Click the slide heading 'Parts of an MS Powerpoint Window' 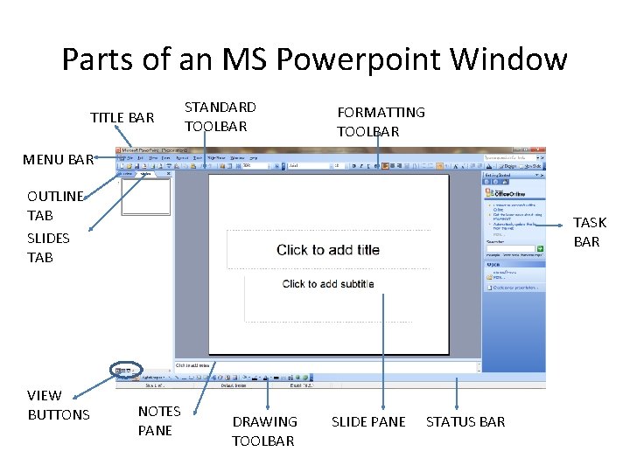coord(314,59)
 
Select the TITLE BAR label coord(122,117)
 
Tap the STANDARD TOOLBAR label coord(220,116)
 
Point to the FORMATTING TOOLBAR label coord(381,121)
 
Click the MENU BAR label coord(58,159)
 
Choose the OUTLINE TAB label coord(55,205)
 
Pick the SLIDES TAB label coord(48,247)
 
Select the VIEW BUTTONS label coord(59,405)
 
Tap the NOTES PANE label coord(159,420)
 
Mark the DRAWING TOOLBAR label coord(264,431)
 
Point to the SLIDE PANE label coord(368,421)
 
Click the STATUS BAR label coord(465,421)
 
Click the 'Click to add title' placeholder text coord(328,250)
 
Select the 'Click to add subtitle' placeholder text coord(328,284)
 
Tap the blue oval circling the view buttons coord(127,370)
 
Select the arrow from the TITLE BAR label coord(127,136)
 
